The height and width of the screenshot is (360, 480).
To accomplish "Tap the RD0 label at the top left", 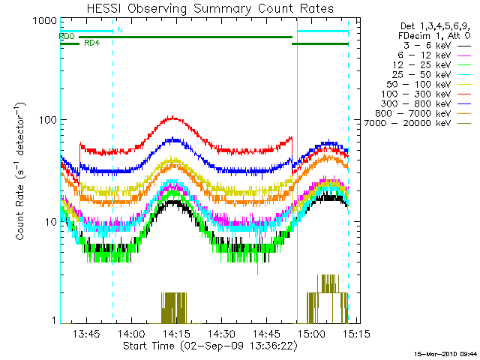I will click(67, 36).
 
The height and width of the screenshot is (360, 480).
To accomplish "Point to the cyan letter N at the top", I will click(119, 31).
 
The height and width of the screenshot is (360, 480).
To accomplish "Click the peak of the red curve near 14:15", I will click(173, 117).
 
